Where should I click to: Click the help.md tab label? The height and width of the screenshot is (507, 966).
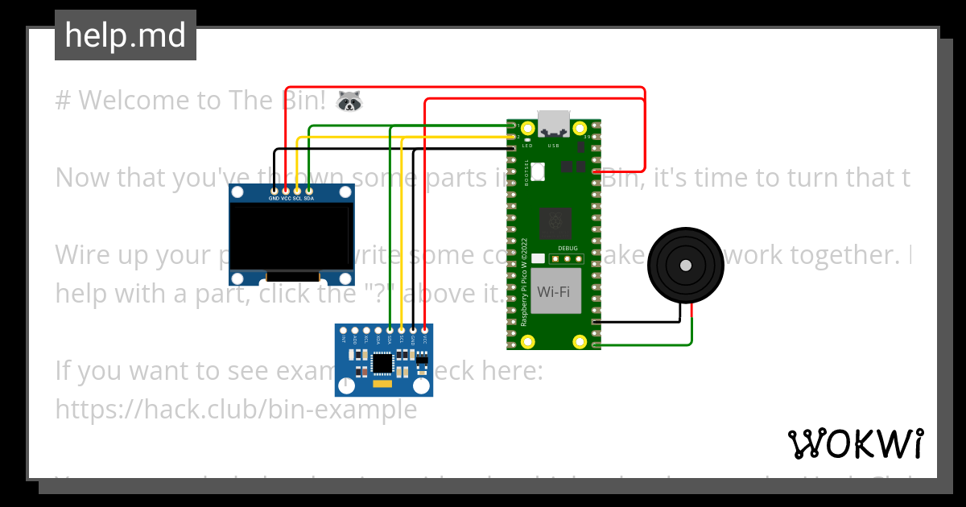pos(125,35)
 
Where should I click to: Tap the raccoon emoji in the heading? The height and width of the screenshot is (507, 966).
pos(349,101)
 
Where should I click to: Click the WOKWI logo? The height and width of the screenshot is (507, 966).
pos(855,443)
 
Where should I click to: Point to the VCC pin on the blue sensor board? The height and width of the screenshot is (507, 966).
pos(424,330)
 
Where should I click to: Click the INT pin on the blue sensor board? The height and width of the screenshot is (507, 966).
pos(344,330)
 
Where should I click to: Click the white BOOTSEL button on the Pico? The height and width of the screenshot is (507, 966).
pos(538,170)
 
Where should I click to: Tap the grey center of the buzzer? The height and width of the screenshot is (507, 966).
pos(685,265)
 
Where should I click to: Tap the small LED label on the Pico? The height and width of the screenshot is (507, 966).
pos(527,146)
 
